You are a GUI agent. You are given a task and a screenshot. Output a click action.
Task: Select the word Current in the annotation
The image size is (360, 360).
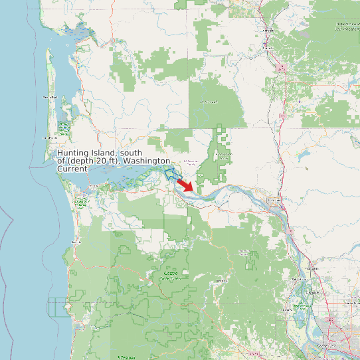point(72,169)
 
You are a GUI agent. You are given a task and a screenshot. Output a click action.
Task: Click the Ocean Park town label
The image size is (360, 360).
point(50,98)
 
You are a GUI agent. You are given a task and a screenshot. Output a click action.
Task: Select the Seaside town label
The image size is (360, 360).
point(74,242)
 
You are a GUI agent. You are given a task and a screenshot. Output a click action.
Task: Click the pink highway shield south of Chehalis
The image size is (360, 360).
point(282,68)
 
